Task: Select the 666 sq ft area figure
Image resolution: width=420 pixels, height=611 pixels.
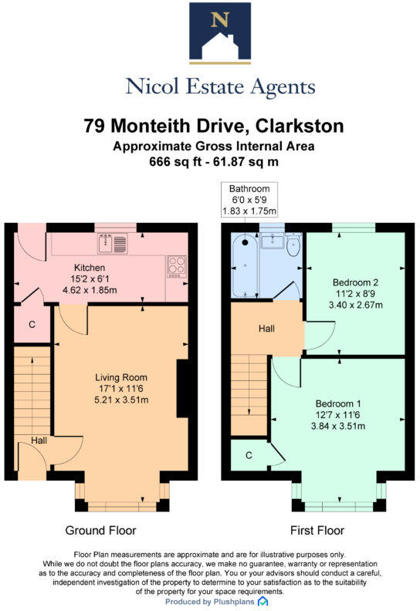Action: [171, 162]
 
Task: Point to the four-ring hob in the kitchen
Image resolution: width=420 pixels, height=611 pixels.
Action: [177, 266]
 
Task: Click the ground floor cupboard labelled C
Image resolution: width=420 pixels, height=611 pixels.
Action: [32, 325]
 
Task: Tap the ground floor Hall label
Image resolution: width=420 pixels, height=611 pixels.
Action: [38, 441]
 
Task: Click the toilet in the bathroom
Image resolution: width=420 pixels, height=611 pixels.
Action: [293, 245]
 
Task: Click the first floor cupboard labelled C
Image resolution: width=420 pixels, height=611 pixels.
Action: [248, 454]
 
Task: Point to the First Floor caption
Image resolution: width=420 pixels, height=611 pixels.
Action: [317, 530]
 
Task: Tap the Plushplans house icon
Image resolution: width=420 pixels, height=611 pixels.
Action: [262, 601]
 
